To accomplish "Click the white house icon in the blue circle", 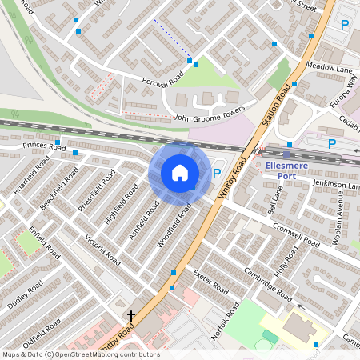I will point(180,173).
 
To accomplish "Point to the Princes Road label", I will point(44,146).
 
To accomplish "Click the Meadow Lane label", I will point(330,70).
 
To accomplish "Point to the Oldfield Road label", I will point(42,335).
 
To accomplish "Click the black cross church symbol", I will point(131,318).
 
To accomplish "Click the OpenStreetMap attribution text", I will point(80,354).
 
